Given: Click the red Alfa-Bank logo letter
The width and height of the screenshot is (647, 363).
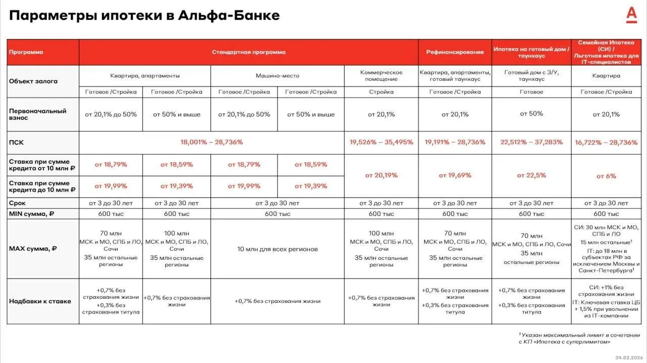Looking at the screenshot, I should [631, 16].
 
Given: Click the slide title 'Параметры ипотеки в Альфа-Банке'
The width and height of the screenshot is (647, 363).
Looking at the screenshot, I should [144, 15].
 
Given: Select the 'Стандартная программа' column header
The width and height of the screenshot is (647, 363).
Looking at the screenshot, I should [248, 52].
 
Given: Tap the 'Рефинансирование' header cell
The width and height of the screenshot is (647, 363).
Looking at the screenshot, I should [455, 52].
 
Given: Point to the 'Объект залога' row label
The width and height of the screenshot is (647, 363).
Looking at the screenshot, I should [33, 81].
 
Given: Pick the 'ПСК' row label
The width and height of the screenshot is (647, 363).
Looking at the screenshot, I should [16, 142].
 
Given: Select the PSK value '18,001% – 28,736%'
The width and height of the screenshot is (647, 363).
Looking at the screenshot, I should [212, 142].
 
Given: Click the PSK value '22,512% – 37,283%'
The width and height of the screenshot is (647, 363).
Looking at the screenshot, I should [531, 142].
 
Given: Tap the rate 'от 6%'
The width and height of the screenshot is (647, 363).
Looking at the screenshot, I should [606, 176].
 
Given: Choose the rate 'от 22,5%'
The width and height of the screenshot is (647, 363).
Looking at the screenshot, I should [531, 175].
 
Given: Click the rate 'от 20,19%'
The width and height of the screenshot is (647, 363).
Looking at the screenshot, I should [381, 175].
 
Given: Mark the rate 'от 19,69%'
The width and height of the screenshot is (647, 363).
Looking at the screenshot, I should [455, 175].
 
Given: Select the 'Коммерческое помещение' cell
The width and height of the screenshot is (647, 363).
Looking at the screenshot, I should [381, 76].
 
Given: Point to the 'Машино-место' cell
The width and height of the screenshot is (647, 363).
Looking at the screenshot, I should [278, 76].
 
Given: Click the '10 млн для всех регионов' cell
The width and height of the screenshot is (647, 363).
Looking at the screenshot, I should [278, 249].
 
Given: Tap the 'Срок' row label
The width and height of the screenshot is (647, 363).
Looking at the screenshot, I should [17, 203].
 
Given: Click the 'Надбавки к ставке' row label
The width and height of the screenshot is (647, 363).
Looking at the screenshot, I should [40, 301].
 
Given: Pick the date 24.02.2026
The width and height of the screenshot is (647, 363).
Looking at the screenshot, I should [628, 357].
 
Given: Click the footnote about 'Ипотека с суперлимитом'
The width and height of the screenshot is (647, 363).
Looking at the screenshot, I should [579, 338].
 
